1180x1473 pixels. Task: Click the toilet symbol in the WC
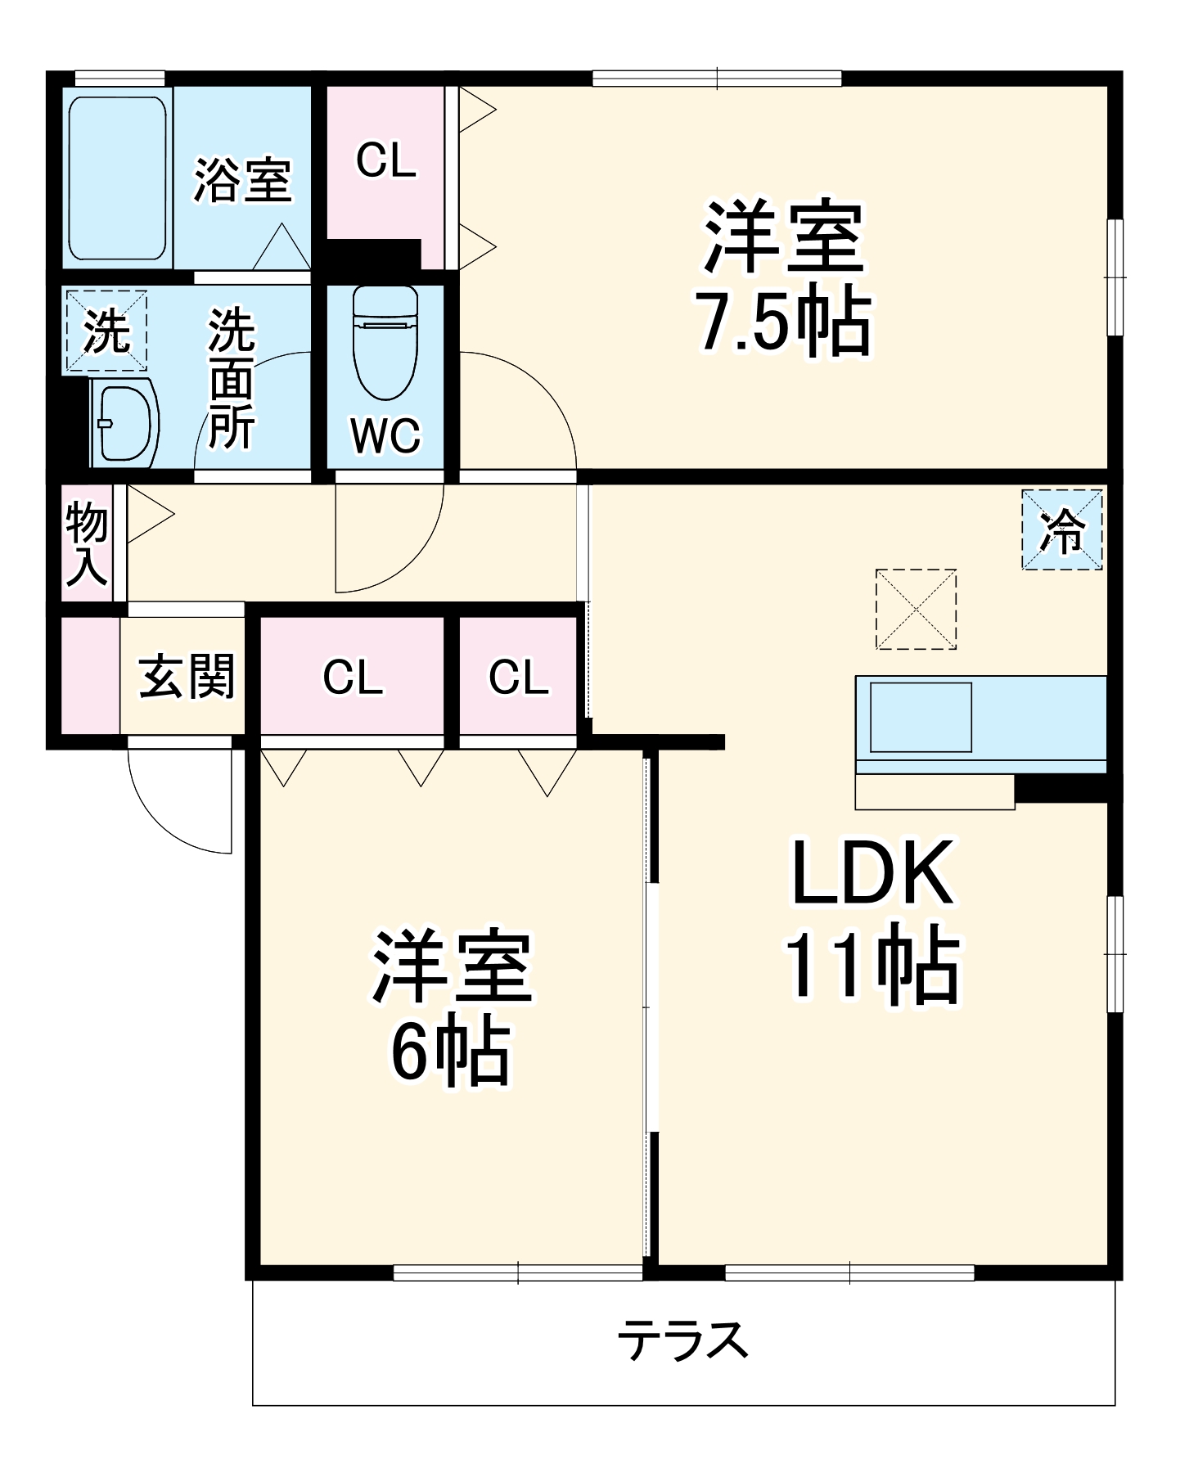385,344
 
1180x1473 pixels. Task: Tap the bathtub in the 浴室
117,178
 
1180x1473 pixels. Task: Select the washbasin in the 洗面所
125,422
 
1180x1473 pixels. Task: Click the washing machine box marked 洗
106,331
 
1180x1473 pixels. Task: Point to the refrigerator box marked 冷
1062,529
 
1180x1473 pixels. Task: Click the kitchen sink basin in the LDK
921,718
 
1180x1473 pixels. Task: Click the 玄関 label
187,676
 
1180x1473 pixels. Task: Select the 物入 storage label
87,543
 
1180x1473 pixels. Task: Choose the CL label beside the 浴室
386,160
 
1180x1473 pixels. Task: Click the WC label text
385,435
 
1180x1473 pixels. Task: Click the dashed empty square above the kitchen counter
916,610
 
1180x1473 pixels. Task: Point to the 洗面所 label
232,378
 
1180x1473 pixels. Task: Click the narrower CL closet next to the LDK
519,677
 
